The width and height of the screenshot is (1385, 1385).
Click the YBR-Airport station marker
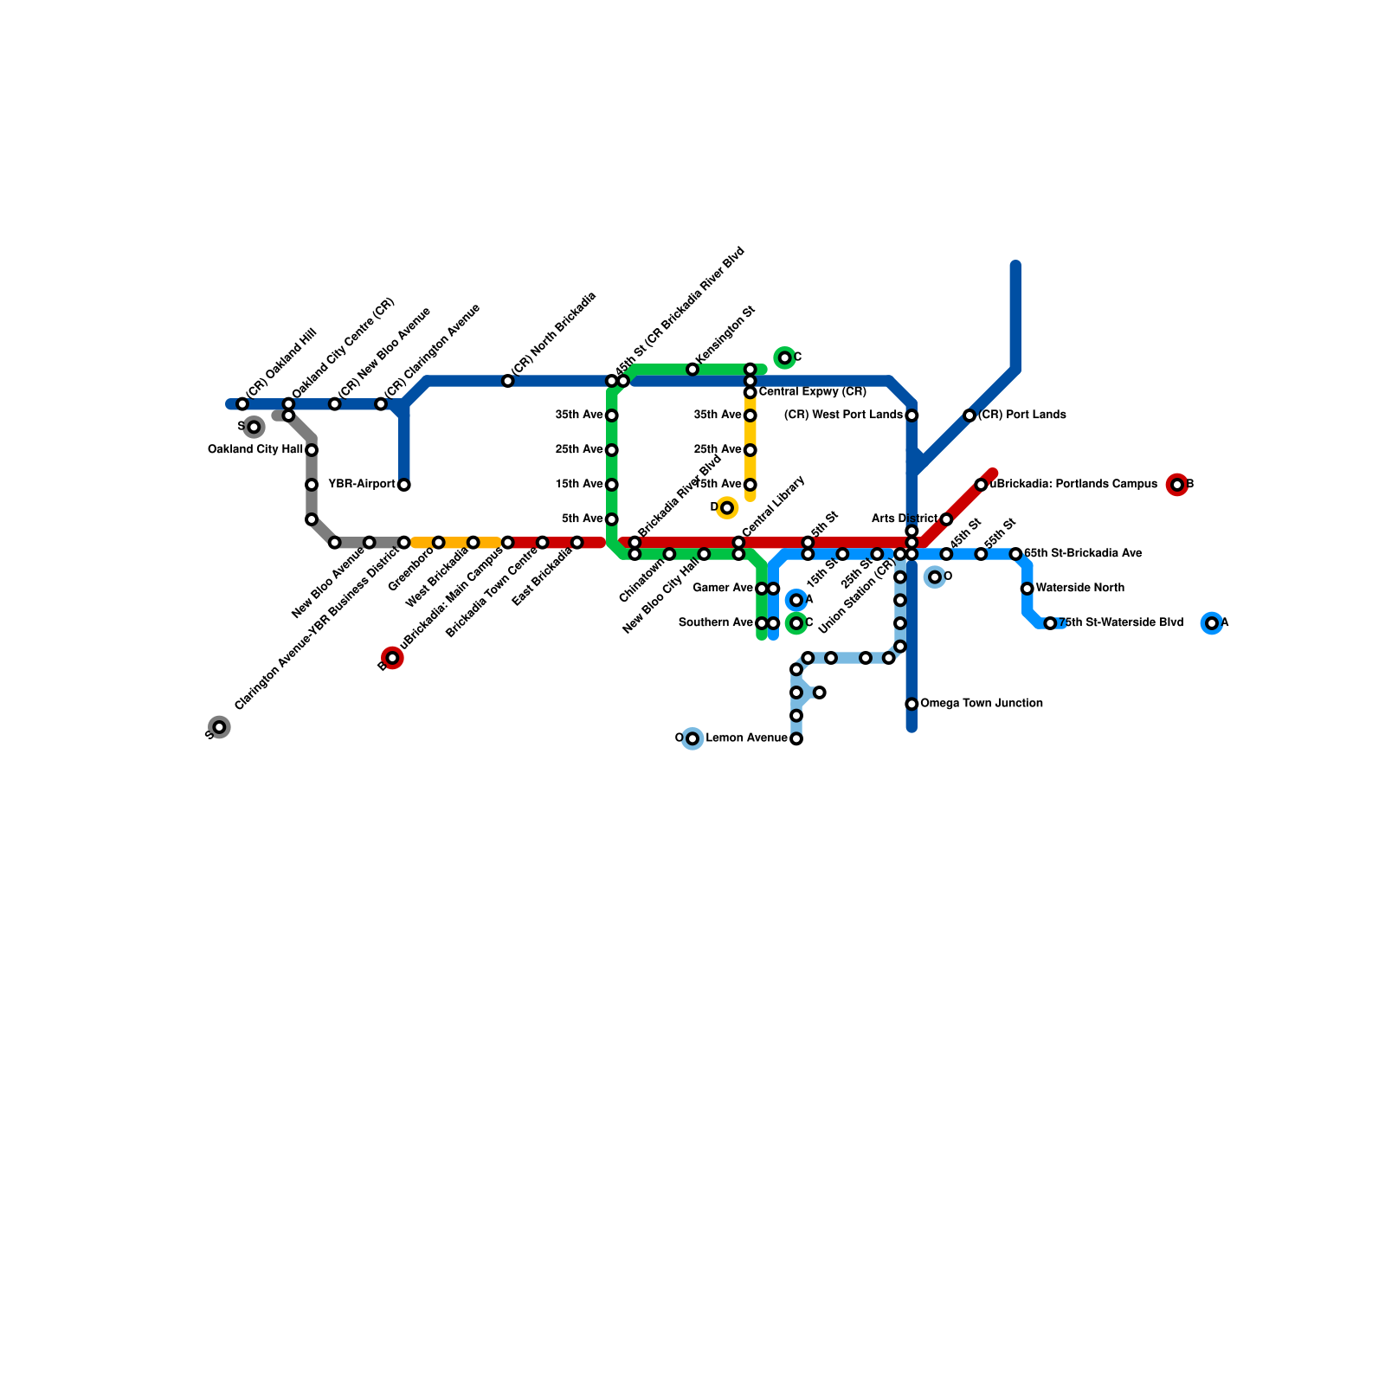(403, 485)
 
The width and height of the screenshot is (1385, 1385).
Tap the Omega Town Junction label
(981, 704)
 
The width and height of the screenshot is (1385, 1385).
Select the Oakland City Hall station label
(255, 450)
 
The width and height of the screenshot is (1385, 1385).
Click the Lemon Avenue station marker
(796, 738)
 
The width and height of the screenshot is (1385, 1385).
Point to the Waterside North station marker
(1027, 589)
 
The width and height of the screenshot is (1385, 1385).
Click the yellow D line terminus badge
(727, 507)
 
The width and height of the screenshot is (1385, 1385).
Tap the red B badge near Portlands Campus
(1176, 485)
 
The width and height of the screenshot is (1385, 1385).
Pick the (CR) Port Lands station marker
(969, 415)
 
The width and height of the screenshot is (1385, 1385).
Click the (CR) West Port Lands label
(843, 415)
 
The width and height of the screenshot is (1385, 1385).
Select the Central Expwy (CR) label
(812, 392)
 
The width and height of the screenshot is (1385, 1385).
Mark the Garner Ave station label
(723, 589)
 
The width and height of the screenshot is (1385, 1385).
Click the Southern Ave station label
(715, 623)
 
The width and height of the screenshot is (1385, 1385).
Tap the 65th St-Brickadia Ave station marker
(1015, 554)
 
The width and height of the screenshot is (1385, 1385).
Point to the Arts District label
(904, 519)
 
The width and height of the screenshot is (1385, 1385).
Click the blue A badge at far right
(1212, 623)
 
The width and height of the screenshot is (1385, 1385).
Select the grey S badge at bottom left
(220, 727)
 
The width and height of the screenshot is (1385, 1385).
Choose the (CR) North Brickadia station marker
(508, 381)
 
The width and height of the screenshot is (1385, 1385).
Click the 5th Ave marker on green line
(612, 519)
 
